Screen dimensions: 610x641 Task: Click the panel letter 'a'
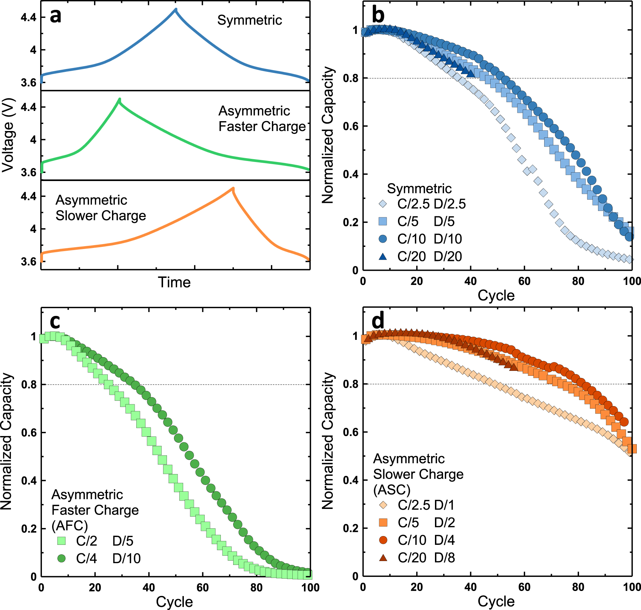[x=55, y=17]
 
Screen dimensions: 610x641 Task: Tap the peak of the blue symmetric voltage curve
[x=176, y=10]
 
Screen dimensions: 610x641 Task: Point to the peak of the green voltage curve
[x=120, y=99]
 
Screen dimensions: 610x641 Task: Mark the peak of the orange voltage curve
[x=233, y=189]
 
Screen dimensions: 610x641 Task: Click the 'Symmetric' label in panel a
[x=249, y=20]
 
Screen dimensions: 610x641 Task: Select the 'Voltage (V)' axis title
[x=8, y=135]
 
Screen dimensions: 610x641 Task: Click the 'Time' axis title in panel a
[x=174, y=282]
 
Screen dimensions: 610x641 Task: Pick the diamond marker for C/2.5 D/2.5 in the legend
[x=382, y=204]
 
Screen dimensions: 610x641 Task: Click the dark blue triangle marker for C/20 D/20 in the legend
[x=382, y=256]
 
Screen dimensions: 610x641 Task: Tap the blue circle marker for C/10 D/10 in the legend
[x=382, y=239]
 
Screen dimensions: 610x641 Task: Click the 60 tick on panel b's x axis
[x=524, y=281]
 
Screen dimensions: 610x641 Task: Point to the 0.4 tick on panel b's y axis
[x=350, y=174]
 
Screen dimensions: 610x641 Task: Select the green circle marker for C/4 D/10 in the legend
[x=61, y=558]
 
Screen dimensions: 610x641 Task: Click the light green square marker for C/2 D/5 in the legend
[x=61, y=541]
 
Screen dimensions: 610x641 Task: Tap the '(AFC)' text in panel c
[x=69, y=526]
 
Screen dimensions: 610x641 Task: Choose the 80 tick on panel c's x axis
[x=256, y=587]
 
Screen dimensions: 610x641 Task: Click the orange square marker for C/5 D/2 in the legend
[x=383, y=522]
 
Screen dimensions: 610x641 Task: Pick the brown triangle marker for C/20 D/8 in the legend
[x=383, y=558]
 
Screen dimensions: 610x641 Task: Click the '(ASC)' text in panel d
[x=392, y=490]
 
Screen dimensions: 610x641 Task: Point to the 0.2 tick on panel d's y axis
[x=350, y=528]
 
